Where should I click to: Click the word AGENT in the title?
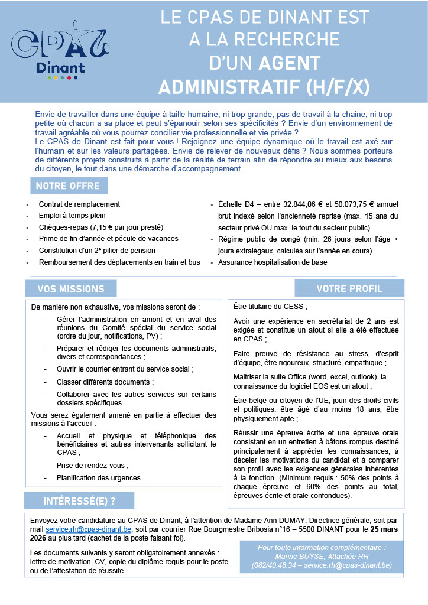coord(289,63)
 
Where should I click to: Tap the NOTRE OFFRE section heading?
coord(69,186)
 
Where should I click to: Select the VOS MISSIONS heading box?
coord(71,289)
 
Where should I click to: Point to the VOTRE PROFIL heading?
coord(349,288)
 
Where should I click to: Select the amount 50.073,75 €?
coord(343,204)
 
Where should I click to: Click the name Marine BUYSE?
coord(299,556)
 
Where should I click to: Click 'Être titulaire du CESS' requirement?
coord(270,307)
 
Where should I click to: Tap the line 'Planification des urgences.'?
coord(99,477)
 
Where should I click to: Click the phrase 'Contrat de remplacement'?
coord(79,204)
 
